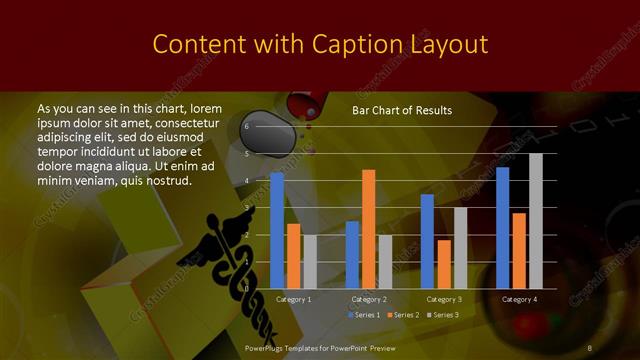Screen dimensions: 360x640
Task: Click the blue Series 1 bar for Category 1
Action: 277,230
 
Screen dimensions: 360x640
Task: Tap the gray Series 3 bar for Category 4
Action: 535,221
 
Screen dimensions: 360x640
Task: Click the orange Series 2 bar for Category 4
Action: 519,250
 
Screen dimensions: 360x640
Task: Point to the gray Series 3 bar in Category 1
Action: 309,261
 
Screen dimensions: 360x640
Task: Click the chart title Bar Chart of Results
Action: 402,110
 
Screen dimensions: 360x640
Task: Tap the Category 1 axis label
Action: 293,299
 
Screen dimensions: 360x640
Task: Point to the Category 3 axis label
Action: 444,299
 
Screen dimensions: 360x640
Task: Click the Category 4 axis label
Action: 519,299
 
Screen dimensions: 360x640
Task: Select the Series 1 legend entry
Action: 364,315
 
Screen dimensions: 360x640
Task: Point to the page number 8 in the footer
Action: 590,348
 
